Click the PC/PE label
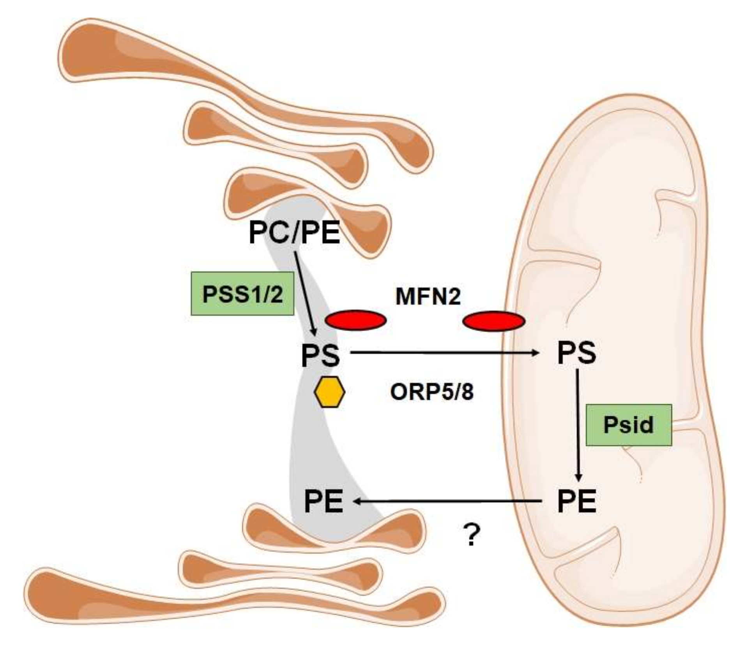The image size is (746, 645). coord(294,233)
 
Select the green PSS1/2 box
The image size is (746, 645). coord(242,294)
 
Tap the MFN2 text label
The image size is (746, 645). coord(428,296)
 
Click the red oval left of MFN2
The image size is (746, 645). coord(355,320)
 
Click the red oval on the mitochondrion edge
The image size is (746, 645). coord(493,321)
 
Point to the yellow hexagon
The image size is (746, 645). coord(330,392)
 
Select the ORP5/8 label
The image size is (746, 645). coord(431,392)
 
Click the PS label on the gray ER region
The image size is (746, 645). coord(320,355)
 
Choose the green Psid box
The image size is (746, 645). coord(628,425)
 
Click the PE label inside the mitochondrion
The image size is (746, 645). coord(576,501)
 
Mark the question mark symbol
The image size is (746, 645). coord(472,535)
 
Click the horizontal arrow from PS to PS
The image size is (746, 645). coord(444,352)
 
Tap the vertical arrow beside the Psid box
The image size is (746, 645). coord(578,425)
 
